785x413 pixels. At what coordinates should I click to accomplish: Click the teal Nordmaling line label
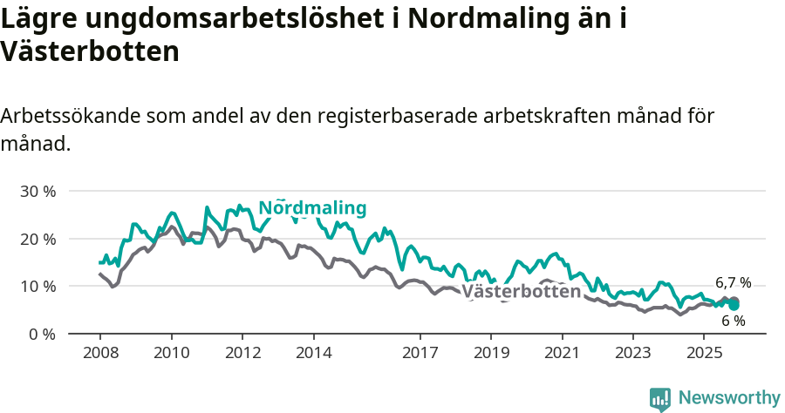(312, 208)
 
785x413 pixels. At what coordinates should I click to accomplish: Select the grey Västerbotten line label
(521, 291)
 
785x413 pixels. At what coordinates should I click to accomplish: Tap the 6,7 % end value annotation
(733, 282)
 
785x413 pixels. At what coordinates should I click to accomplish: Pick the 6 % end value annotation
(733, 321)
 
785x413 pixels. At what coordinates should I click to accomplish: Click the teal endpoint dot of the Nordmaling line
(734, 306)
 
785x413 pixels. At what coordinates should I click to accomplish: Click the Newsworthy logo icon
(660, 399)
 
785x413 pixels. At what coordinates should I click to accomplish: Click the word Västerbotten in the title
(90, 51)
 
